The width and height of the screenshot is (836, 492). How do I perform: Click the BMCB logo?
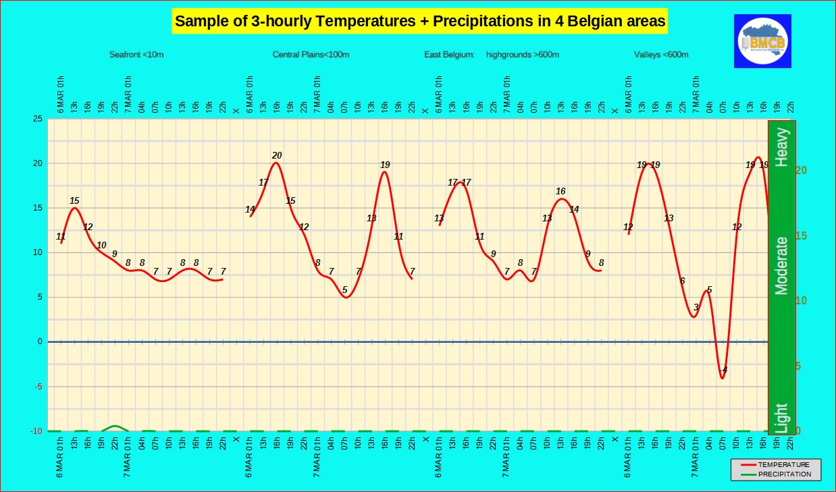(762, 41)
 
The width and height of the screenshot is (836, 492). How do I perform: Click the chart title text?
(420, 22)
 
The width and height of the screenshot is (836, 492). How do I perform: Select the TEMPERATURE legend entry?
(783, 464)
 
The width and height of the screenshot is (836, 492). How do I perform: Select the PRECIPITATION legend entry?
(783, 474)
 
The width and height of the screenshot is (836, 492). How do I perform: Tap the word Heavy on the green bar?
(781, 146)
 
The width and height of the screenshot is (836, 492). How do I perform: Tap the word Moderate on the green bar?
(781, 265)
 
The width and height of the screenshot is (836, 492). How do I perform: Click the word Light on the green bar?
(781, 417)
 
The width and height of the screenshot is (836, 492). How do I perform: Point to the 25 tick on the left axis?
(38, 119)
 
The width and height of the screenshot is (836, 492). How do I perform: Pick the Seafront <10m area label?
(136, 55)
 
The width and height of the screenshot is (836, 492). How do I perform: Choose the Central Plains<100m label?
(311, 55)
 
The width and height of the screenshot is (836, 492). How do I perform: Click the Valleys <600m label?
(661, 55)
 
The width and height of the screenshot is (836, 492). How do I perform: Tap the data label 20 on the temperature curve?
(277, 156)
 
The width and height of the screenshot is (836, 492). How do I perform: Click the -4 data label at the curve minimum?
(723, 370)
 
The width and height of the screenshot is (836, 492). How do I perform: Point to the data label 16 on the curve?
(560, 192)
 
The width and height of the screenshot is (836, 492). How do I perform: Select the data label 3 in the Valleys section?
(696, 308)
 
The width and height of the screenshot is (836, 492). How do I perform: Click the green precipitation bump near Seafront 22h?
(115, 427)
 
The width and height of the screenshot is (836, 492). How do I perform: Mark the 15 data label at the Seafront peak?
(74, 200)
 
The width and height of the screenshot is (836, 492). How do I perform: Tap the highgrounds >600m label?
(522, 55)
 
